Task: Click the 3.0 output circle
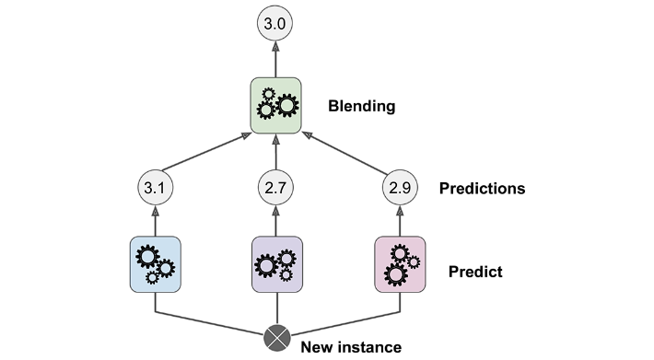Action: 274,23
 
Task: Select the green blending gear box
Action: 275,105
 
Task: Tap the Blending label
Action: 362,106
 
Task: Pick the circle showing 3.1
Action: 155,188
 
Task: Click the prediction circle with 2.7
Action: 275,188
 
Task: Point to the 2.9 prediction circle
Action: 400,188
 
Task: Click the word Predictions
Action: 482,189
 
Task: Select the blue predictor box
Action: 155,264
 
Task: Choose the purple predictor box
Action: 277,264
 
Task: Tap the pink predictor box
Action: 400,264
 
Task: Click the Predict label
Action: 475,272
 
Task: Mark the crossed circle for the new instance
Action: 277,338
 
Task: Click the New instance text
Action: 351,347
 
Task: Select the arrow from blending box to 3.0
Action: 275,59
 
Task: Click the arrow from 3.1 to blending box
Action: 206,151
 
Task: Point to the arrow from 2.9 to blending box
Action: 345,153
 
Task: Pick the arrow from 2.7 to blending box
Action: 275,152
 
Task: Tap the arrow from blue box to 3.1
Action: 155,221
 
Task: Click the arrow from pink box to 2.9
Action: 400,221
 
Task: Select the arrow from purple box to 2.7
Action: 275,221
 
